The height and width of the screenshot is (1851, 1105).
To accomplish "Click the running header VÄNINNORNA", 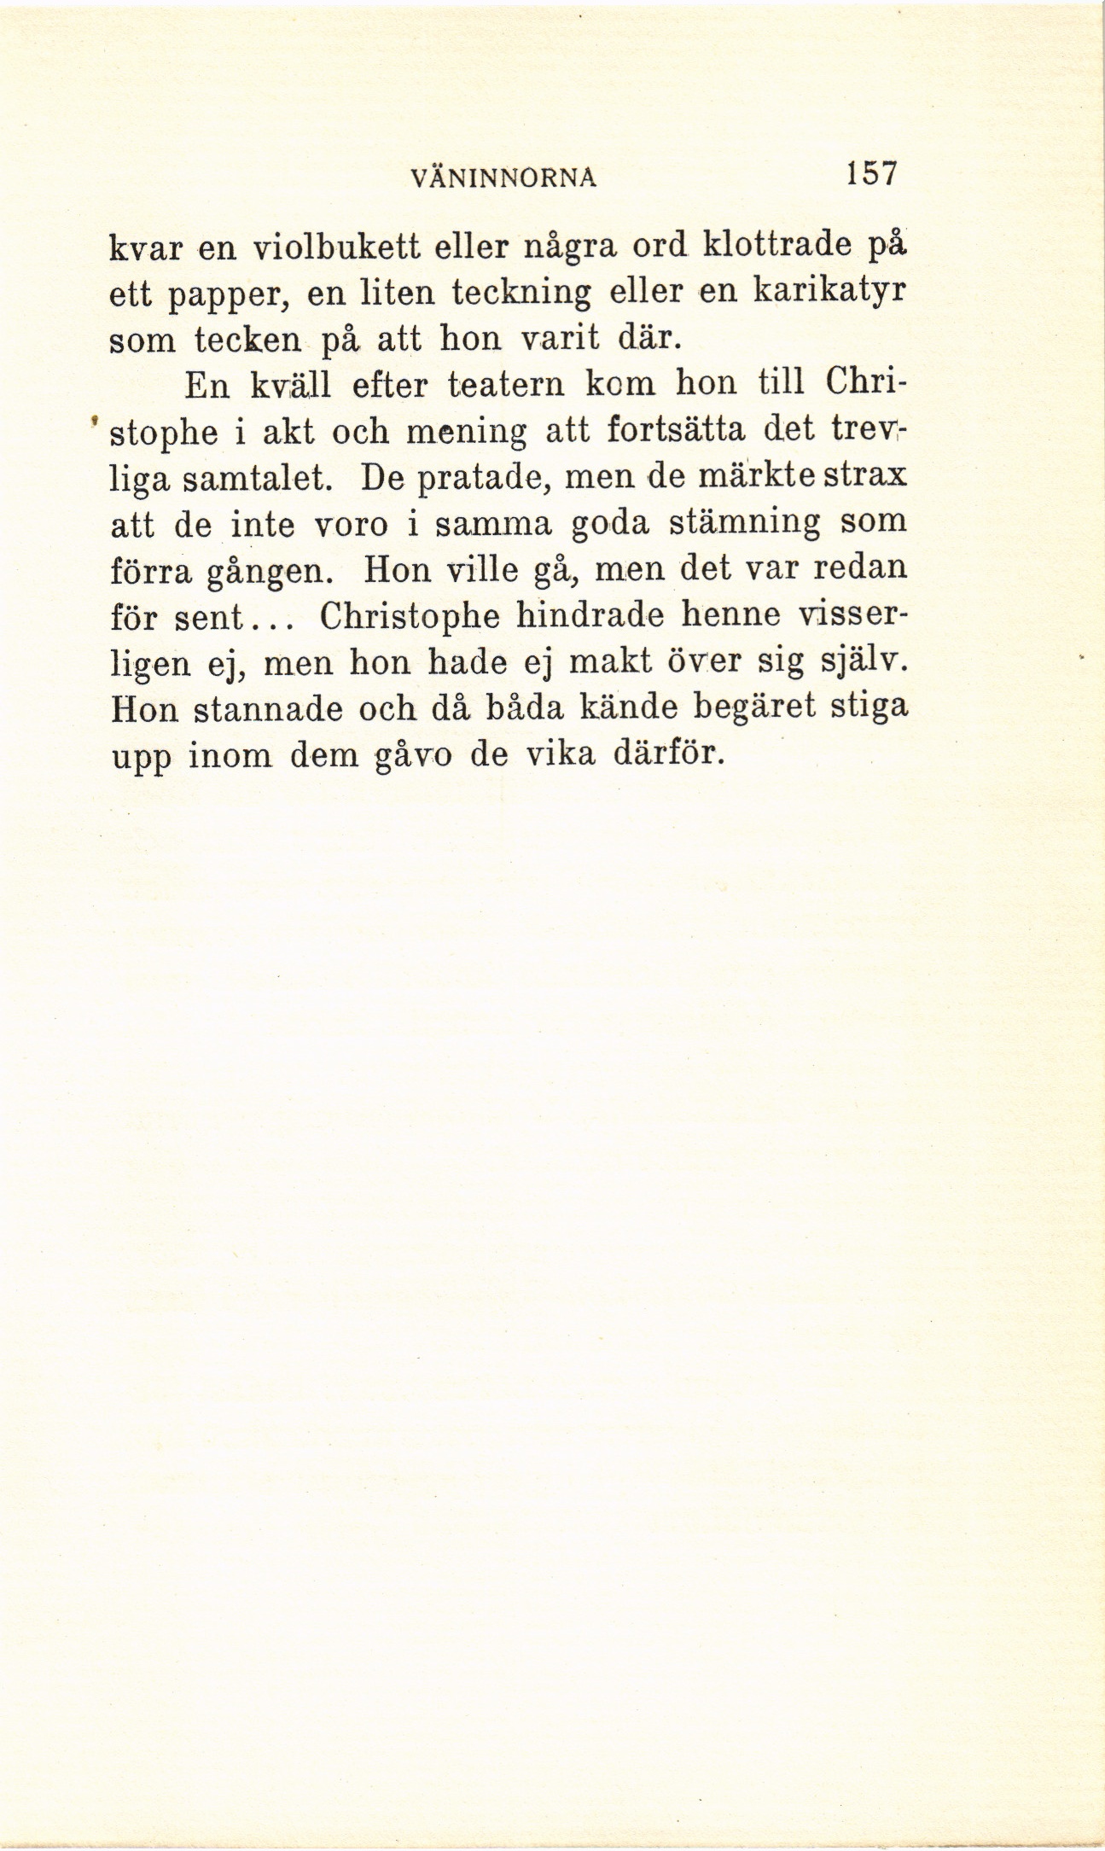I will tap(503, 178).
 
